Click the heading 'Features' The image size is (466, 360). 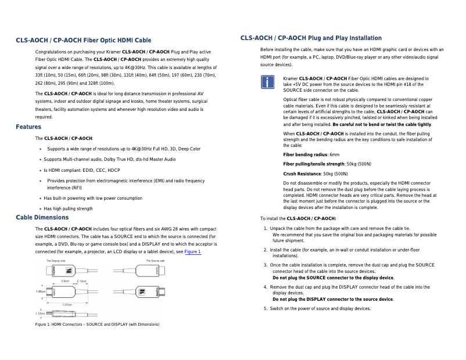coord(28,127)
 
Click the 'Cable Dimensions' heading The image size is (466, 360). coord(42,217)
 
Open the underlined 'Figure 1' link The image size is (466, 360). coord(192,252)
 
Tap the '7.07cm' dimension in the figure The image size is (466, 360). coord(66,304)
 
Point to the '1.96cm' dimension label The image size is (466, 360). coord(41,291)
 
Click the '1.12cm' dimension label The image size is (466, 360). coord(40,314)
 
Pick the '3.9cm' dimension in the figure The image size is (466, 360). coord(66,281)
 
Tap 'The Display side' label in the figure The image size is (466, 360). coord(58,261)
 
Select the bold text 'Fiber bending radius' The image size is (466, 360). coord(305,155)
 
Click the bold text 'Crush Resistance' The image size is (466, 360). coord(302,174)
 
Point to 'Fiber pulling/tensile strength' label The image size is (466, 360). coord(314,164)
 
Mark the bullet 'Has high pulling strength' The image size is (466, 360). coord(68,208)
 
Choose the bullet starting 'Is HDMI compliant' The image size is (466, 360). coord(81,170)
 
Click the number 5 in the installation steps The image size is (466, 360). coord(266,308)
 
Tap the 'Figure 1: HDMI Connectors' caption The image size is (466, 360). coord(97,324)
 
